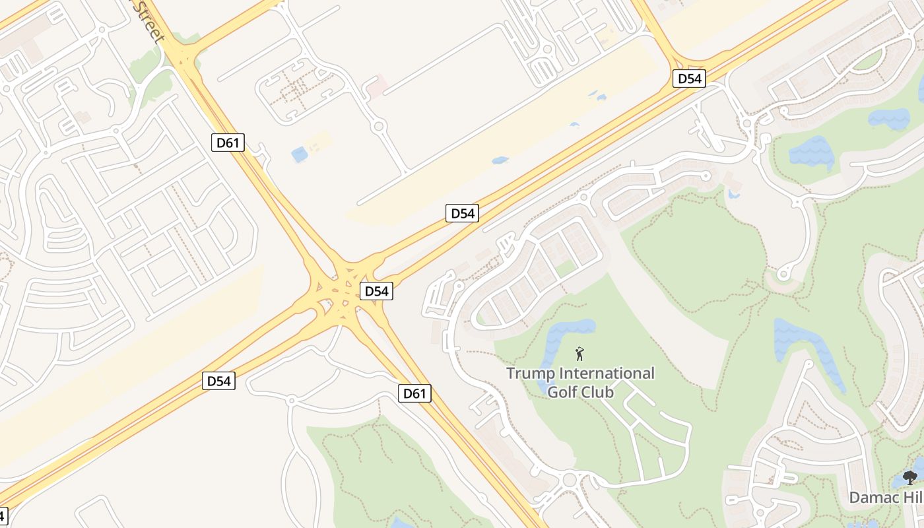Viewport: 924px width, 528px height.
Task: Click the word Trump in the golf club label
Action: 530,374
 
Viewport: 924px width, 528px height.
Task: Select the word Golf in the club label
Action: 562,393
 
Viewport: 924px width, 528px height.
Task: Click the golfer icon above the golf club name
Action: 579,354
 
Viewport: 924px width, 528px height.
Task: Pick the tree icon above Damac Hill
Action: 911,477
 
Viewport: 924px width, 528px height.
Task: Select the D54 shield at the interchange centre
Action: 376,291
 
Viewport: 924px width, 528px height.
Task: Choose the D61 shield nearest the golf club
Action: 414,394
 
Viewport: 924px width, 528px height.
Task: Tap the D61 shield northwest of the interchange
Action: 228,142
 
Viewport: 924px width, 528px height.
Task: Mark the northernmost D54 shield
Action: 690,79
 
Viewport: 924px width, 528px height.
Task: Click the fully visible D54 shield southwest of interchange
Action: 219,381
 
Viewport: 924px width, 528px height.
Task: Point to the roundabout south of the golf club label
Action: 569,478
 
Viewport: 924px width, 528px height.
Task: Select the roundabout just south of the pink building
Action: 379,126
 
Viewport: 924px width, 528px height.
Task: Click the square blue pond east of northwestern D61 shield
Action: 300,154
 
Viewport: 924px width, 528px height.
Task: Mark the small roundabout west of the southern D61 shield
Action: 291,400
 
